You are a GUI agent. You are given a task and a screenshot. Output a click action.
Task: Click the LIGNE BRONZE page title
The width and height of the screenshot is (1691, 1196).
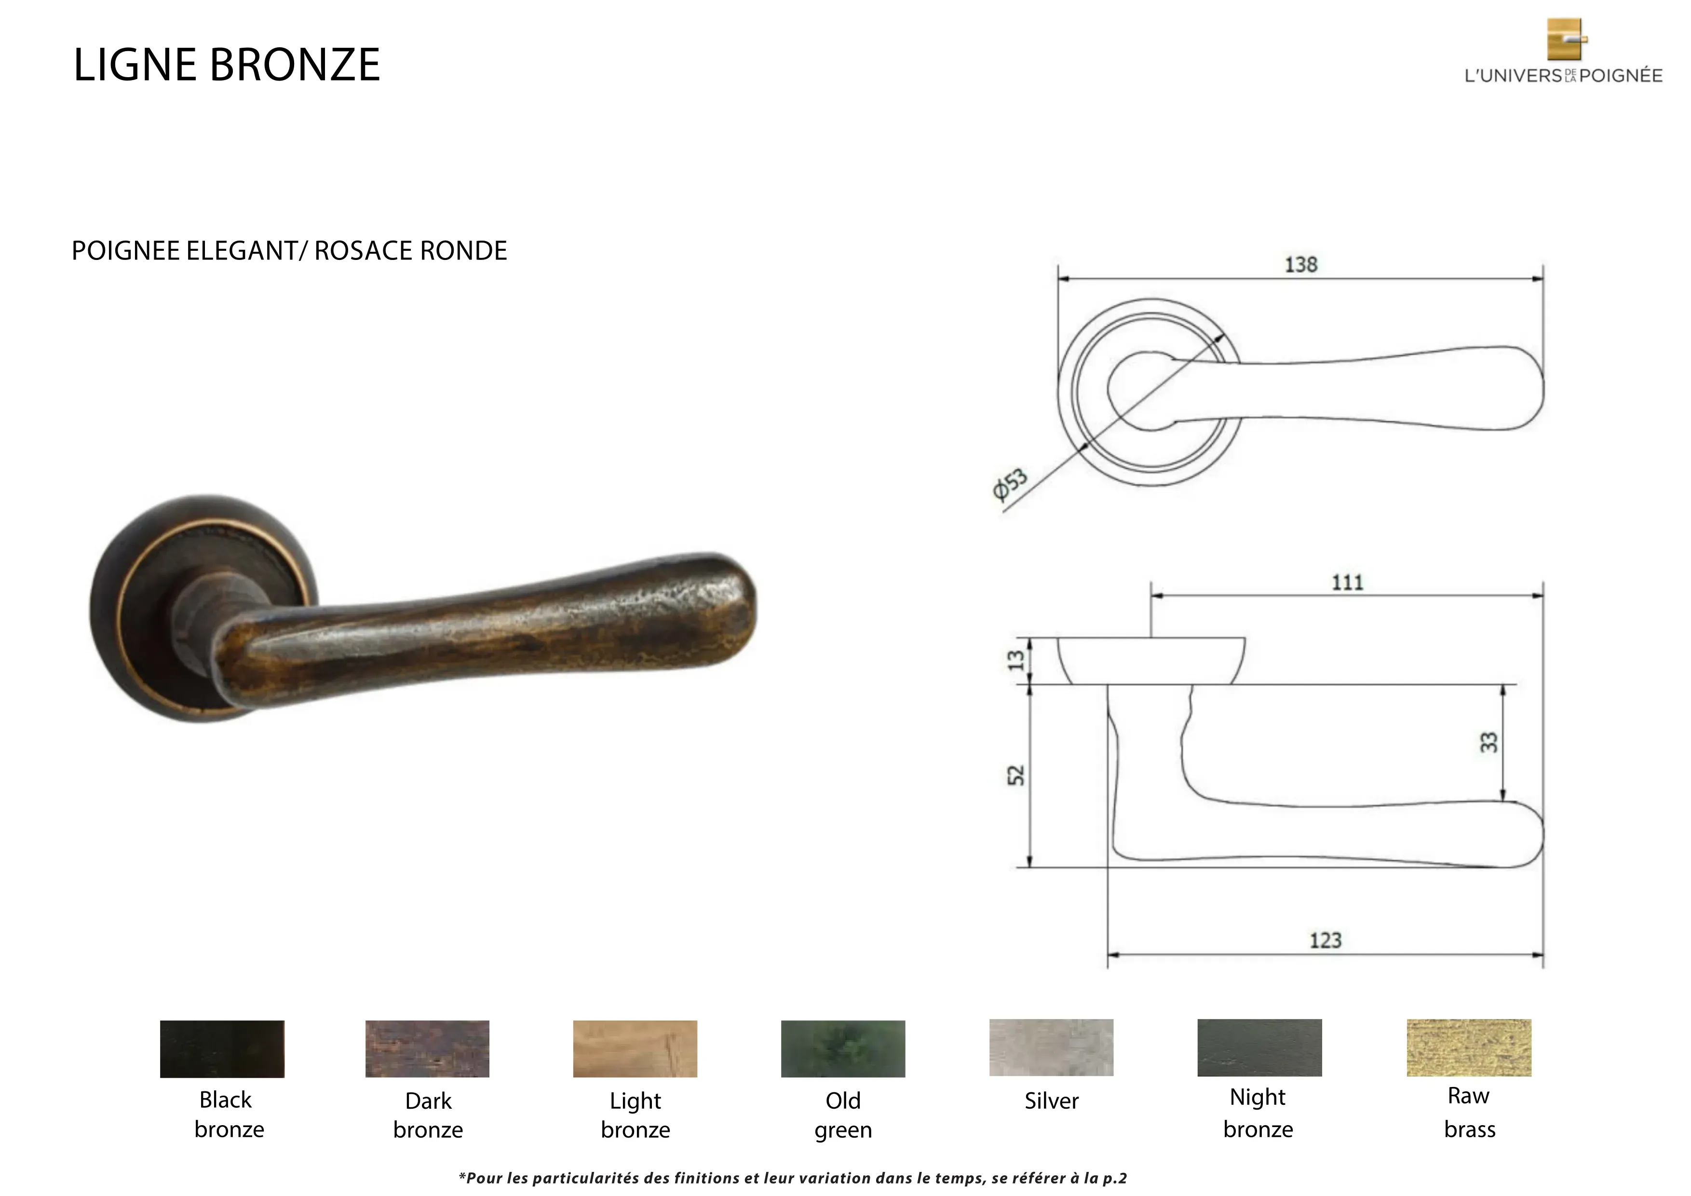[x=227, y=65]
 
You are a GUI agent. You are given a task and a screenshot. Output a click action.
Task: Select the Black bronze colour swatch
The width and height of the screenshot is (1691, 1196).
[x=222, y=1049]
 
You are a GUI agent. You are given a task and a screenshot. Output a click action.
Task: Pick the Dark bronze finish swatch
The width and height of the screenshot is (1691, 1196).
[x=427, y=1049]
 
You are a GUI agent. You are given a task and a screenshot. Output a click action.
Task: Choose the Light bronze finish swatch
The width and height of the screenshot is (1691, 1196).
[x=635, y=1049]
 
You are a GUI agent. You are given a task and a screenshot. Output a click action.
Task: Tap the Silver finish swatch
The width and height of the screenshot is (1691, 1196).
[x=1051, y=1047]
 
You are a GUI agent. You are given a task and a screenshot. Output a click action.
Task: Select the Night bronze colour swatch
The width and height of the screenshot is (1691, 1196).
[x=1259, y=1047]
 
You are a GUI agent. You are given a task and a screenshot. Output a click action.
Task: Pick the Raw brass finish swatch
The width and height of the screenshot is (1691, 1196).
[x=1469, y=1047]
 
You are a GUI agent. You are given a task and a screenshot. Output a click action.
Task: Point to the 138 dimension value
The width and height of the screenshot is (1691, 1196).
[x=1300, y=264]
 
